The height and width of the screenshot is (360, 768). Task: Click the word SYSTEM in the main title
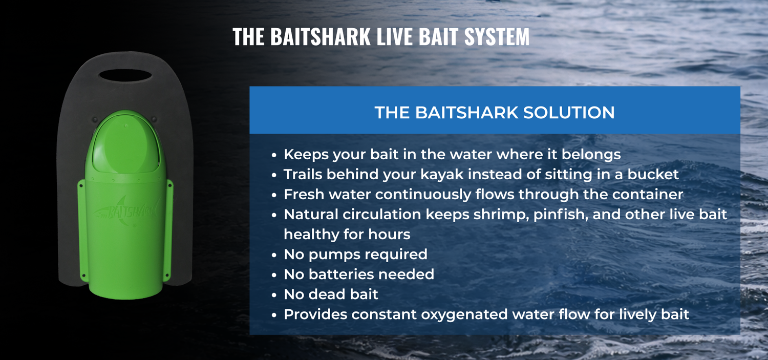click(x=497, y=36)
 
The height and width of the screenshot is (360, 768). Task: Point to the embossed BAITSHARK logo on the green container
click(x=126, y=213)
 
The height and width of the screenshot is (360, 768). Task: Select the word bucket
click(x=653, y=174)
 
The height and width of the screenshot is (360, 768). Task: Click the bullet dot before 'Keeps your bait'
click(x=273, y=155)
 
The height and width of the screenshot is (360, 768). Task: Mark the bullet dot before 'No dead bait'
click(x=273, y=295)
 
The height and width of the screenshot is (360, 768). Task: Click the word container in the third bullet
click(x=648, y=195)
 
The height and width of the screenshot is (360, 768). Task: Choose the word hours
click(x=389, y=235)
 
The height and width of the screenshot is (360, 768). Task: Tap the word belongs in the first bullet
click(x=591, y=155)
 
